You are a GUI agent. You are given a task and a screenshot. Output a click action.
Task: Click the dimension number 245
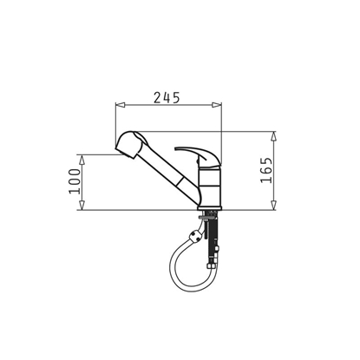[168, 96]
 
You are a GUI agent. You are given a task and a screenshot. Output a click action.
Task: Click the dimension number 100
[75, 181]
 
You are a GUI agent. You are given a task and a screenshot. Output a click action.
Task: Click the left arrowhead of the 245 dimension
[120, 106]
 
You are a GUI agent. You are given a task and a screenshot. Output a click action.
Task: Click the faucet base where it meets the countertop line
[210, 208]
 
